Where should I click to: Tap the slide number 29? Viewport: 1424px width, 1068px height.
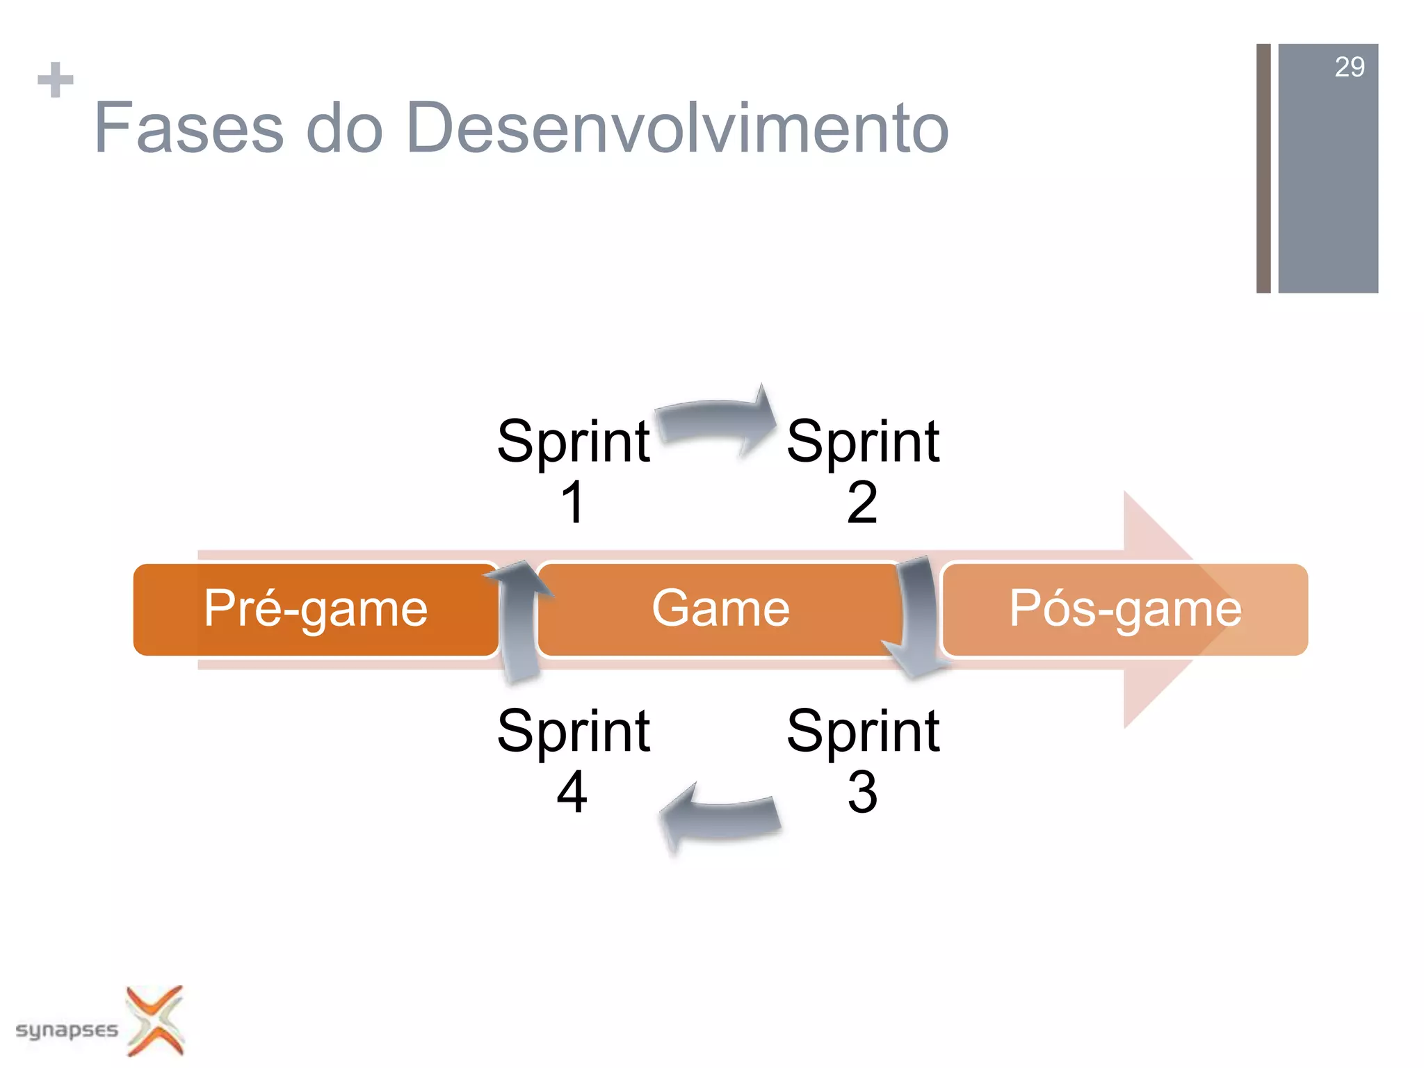(x=1349, y=67)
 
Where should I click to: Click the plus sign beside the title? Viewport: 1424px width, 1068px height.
(x=56, y=80)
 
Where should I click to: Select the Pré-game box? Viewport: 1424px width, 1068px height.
(x=315, y=609)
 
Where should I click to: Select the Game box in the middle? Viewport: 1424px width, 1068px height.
(x=720, y=609)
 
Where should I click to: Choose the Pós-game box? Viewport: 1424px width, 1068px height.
(x=1124, y=609)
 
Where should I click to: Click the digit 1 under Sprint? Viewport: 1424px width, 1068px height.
(x=573, y=502)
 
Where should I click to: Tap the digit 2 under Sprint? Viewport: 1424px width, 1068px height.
(x=862, y=502)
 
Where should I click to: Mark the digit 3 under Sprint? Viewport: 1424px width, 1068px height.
(x=862, y=792)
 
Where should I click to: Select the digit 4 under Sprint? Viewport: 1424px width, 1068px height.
(x=572, y=792)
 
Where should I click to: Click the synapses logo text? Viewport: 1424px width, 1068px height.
(x=67, y=1030)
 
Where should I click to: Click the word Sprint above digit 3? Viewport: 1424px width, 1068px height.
(x=862, y=731)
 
